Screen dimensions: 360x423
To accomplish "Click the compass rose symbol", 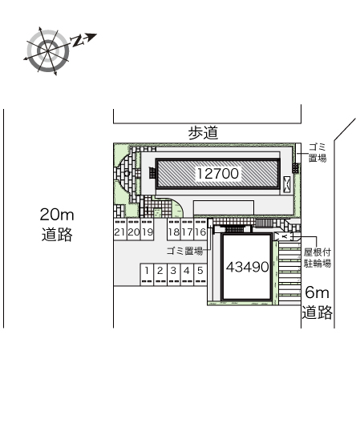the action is click(48, 50).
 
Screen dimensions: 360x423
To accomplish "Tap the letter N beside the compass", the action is click(77, 41).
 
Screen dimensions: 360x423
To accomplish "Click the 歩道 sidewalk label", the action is click(203, 133).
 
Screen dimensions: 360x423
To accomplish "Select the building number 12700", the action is click(217, 174).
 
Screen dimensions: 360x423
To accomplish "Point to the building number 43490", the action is click(248, 267).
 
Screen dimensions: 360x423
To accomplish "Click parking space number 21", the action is click(119, 232).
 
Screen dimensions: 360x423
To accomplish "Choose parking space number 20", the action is click(133, 232).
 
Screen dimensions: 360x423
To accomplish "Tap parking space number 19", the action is click(148, 232).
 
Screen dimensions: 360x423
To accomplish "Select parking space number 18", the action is click(174, 232).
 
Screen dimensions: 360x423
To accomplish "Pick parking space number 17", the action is click(187, 232).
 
